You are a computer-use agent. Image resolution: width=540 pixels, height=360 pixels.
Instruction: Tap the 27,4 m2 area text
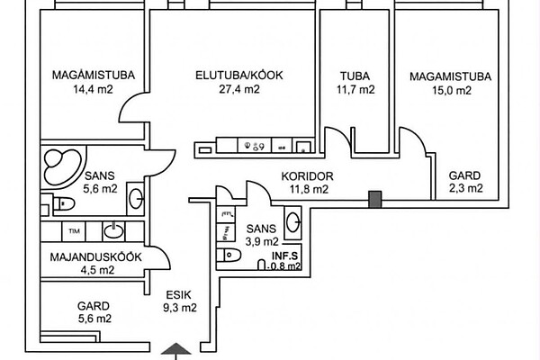pos(239,90)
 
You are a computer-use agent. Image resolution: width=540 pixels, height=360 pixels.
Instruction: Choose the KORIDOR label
pos(308,176)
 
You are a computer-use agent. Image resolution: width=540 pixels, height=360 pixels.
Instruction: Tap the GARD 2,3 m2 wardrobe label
pos(465,182)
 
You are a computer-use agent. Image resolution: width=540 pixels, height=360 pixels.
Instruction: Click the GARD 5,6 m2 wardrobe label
pos(94,311)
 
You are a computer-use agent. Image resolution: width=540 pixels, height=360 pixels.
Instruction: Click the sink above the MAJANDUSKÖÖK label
pos(114,231)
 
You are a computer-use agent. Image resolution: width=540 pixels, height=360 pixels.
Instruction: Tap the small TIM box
pos(75,231)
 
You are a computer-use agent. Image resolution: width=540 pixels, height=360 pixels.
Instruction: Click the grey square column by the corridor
pos(373,198)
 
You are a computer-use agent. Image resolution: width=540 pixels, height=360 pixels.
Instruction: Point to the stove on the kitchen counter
pos(254,146)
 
